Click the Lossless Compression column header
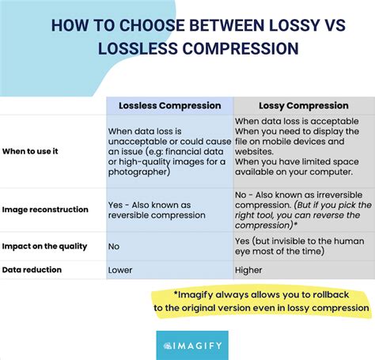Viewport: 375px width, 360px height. pyautogui.click(x=169, y=105)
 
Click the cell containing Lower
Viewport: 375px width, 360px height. pyautogui.click(x=121, y=269)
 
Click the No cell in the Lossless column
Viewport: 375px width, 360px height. pyautogui.click(x=114, y=246)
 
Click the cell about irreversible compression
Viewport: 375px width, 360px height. pyautogui.click(x=300, y=210)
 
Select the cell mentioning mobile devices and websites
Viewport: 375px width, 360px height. pyautogui.click(x=300, y=150)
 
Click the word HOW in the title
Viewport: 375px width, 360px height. pyautogui.click(x=70, y=24)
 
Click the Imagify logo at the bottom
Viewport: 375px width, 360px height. pyautogui.click(x=192, y=345)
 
